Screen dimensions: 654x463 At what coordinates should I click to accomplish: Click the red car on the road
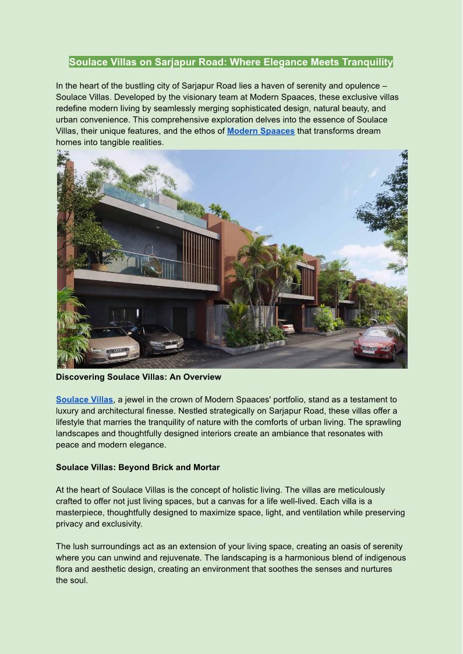point(379,343)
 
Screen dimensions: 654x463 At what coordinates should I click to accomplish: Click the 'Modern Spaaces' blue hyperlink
point(260,131)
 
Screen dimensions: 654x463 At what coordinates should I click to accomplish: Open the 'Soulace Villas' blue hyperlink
point(84,400)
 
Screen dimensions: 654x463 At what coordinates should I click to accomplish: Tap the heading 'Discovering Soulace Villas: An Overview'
point(139,377)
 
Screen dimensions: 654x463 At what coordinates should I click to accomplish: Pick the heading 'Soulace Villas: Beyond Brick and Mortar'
point(137,467)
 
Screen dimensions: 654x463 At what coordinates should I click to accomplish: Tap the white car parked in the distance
point(286,326)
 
